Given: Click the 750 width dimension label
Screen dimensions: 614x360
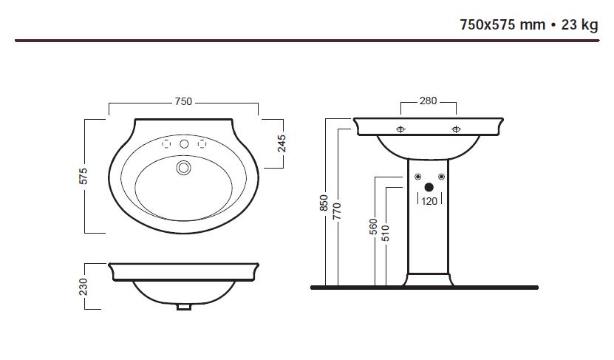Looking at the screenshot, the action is click(x=183, y=101).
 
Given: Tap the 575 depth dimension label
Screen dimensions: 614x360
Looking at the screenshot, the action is click(x=83, y=176).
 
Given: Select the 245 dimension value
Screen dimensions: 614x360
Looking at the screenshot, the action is click(x=282, y=143).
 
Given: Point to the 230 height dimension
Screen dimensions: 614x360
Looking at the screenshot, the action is click(x=83, y=287).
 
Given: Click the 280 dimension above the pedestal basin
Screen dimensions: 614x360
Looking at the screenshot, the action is click(x=428, y=101).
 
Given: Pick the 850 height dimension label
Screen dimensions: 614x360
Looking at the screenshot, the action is click(x=324, y=203).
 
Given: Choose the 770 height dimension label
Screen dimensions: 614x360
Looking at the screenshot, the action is click(x=337, y=211).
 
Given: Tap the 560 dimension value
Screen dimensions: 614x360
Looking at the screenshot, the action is click(x=373, y=227).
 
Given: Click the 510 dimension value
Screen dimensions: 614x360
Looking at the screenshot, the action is click(x=386, y=233).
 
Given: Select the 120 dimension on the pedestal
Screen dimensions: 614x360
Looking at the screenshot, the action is click(x=429, y=201).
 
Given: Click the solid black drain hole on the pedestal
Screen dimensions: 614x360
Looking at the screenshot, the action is click(x=429, y=187).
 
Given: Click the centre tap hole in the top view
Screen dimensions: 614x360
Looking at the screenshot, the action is click(x=184, y=144).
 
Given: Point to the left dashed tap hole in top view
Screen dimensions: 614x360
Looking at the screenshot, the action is click(x=166, y=144).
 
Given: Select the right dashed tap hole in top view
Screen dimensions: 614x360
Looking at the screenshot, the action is click(x=202, y=144).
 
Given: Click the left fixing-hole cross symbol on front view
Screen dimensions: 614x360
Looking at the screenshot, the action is click(x=400, y=129).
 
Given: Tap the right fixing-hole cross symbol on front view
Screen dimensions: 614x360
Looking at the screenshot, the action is click(x=456, y=129).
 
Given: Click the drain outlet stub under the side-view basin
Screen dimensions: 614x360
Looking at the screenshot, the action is click(x=184, y=307).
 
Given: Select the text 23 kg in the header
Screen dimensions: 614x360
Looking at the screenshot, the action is click(x=579, y=24).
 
